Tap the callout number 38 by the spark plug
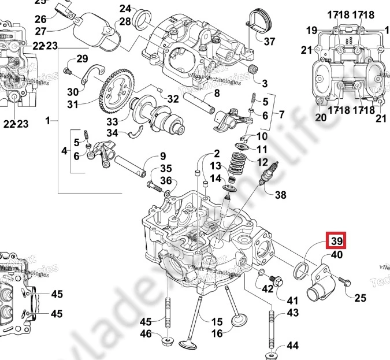pyautogui.click(x=280, y=195)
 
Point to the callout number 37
pyautogui.click(x=269, y=42)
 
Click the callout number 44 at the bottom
pyautogui.click(x=292, y=346)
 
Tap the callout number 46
pyautogui.click(x=146, y=334)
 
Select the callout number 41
pyautogui.click(x=292, y=300)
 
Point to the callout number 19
pyautogui.click(x=311, y=30)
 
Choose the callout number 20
pyautogui.click(x=321, y=117)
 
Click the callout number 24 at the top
pyautogui.click(x=125, y=8)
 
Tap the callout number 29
pyautogui.click(x=81, y=58)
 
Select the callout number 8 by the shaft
pyautogui.click(x=217, y=94)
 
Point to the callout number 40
pyautogui.click(x=337, y=255)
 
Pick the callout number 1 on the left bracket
pyautogui.click(x=49, y=121)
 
